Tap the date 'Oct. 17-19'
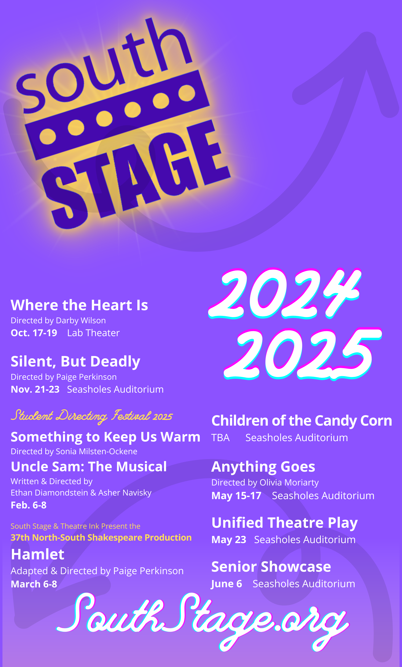click(34, 333)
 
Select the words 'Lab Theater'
click(93, 333)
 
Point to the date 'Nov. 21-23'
click(35, 389)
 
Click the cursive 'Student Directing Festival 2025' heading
click(92, 416)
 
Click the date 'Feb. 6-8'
click(28, 505)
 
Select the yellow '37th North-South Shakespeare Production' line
click(101, 537)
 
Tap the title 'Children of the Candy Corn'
click(301, 421)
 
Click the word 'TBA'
click(221, 438)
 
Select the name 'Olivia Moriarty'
click(289, 482)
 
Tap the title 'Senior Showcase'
click(271, 567)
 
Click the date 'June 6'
click(226, 584)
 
